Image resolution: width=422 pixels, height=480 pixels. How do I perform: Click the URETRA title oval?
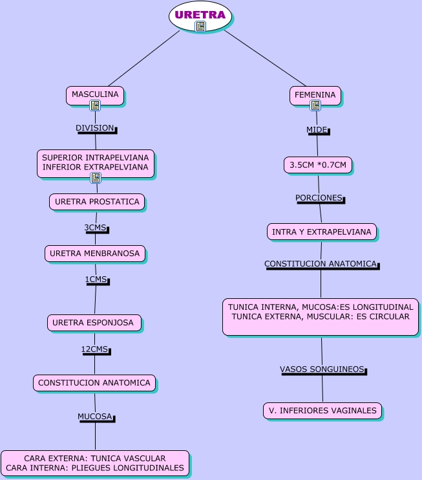[x=200, y=14]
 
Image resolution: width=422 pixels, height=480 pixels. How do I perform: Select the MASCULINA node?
[x=95, y=94]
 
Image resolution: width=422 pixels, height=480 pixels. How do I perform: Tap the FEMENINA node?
[x=315, y=94]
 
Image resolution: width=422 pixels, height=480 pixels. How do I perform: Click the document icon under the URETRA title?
[x=200, y=27]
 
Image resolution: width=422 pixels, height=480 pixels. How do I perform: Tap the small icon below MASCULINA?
[x=95, y=105]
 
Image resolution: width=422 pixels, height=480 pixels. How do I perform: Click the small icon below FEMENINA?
[x=315, y=105]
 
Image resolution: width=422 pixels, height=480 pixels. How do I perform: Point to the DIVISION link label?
[x=95, y=128]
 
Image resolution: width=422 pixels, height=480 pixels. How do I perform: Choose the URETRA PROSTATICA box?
[x=97, y=202]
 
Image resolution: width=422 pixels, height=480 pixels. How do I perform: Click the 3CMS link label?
[x=96, y=228]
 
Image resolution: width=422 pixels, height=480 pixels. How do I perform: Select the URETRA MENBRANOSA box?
[x=95, y=254]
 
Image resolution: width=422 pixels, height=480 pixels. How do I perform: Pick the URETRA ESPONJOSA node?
[x=94, y=322]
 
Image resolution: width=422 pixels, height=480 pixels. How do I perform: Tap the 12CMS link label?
[x=95, y=349]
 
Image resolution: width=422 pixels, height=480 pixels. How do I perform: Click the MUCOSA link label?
[x=96, y=417]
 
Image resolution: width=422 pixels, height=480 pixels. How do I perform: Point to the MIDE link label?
[x=317, y=130]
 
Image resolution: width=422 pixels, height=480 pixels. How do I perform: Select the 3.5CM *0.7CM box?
[x=318, y=165]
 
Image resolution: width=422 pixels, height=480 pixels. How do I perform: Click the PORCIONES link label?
[x=319, y=197]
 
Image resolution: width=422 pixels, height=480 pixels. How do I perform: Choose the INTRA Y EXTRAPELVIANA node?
[x=322, y=232]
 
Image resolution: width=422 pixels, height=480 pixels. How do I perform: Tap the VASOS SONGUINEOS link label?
[x=322, y=369]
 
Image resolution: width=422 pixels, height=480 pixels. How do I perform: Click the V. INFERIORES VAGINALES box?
[x=322, y=410]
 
